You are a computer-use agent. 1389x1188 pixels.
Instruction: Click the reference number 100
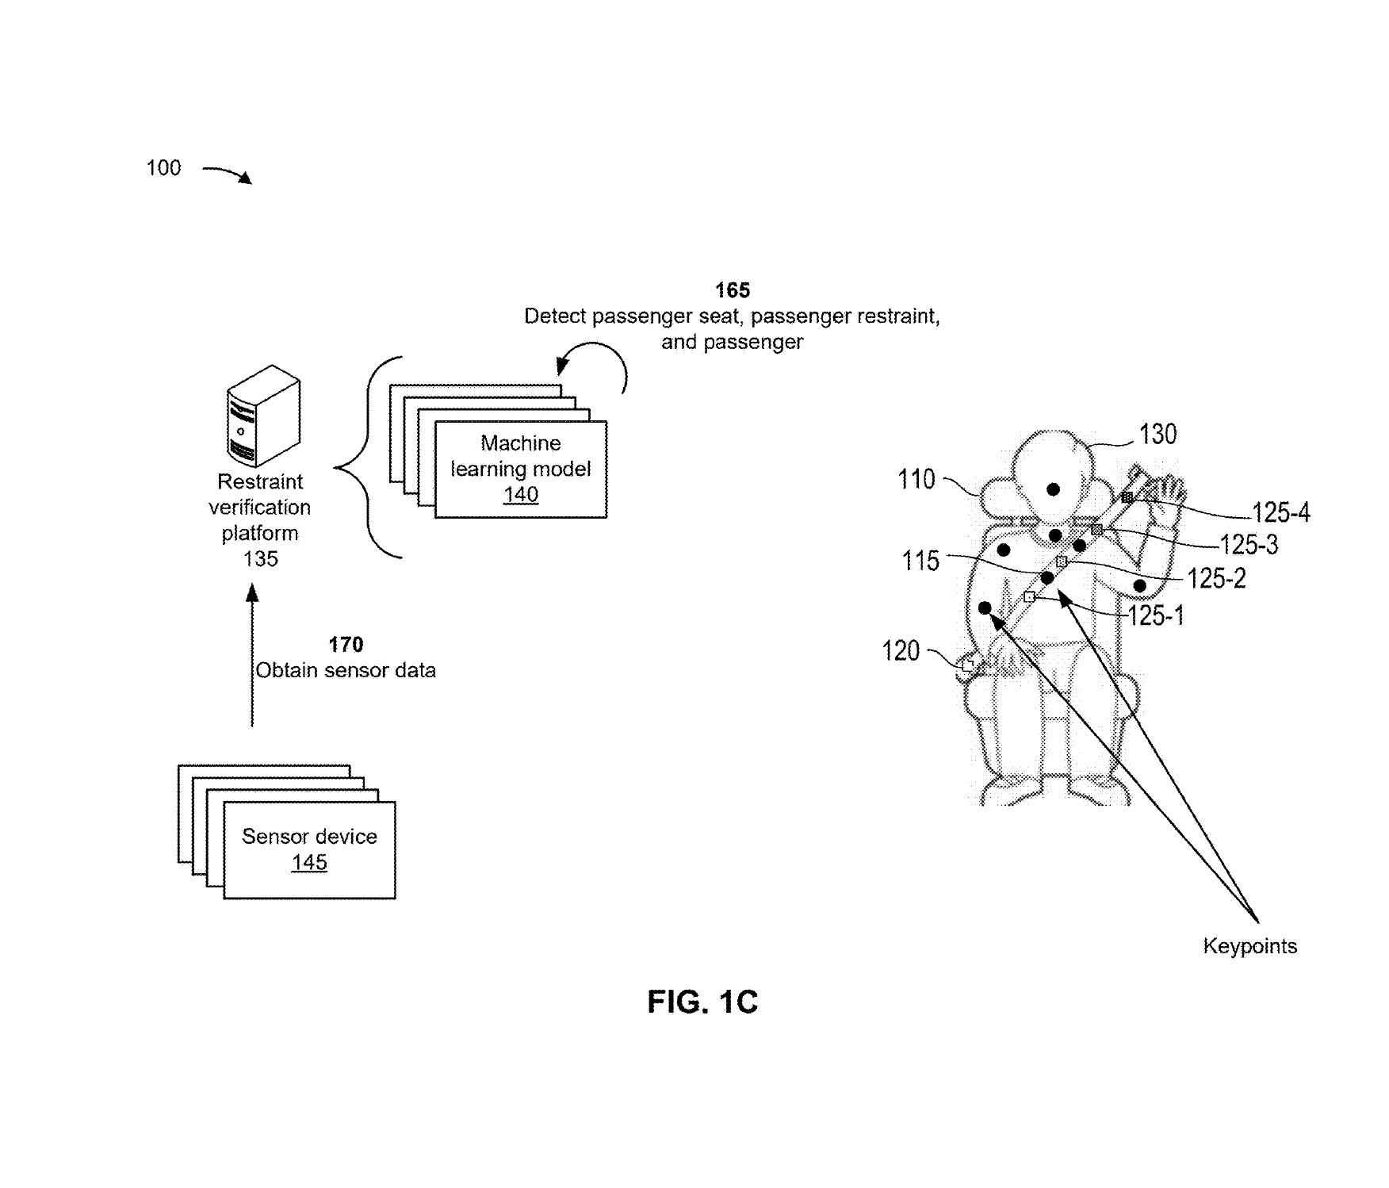click(x=163, y=168)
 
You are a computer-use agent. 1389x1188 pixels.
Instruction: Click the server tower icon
click(x=263, y=416)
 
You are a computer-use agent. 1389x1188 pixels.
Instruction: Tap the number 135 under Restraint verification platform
click(x=260, y=559)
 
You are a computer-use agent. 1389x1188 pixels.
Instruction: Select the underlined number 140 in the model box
click(x=520, y=495)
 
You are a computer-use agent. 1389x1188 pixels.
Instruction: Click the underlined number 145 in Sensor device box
click(x=308, y=863)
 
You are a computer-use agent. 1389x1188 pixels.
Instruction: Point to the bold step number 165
click(x=732, y=290)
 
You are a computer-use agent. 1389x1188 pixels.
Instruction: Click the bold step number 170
click(x=346, y=645)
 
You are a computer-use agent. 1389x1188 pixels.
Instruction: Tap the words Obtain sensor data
click(x=346, y=671)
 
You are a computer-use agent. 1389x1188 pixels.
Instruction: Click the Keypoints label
click(x=1249, y=946)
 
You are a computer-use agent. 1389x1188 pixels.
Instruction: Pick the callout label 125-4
click(x=1280, y=513)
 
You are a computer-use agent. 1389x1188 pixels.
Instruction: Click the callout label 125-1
click(x=1155, y=616)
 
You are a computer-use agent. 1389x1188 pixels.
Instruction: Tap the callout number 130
click(x=1157, y=435)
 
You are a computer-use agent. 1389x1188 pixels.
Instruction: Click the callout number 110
click(x=916, y=480)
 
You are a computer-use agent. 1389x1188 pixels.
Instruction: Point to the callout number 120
click(x=901, y=652)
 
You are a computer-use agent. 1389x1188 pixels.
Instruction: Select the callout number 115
click(x=920, y=561)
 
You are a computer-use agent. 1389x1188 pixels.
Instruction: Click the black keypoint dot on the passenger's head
click(x=1053, y=489)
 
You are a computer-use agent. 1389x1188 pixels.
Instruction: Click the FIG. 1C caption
click(x=702, y=1002)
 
